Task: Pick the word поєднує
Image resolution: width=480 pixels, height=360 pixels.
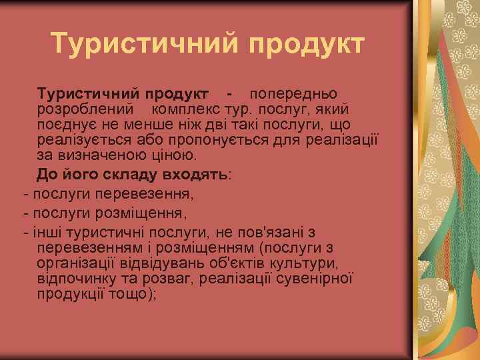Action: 65,124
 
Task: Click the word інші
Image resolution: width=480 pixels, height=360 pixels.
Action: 45,233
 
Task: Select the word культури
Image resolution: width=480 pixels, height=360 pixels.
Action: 299,263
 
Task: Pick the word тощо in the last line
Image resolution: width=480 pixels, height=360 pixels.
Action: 135,295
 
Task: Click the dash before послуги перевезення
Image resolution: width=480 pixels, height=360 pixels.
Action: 25,195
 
